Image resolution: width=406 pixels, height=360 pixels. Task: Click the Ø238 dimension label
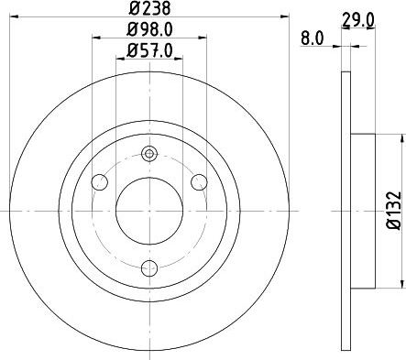click(x=149, y=10)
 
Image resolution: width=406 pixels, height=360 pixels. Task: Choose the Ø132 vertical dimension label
click(x=392, y=210)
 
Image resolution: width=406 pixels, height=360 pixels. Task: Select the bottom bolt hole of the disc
click(x=149, y=268)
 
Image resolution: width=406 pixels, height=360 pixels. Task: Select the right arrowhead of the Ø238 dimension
click(x=287, y=18)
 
